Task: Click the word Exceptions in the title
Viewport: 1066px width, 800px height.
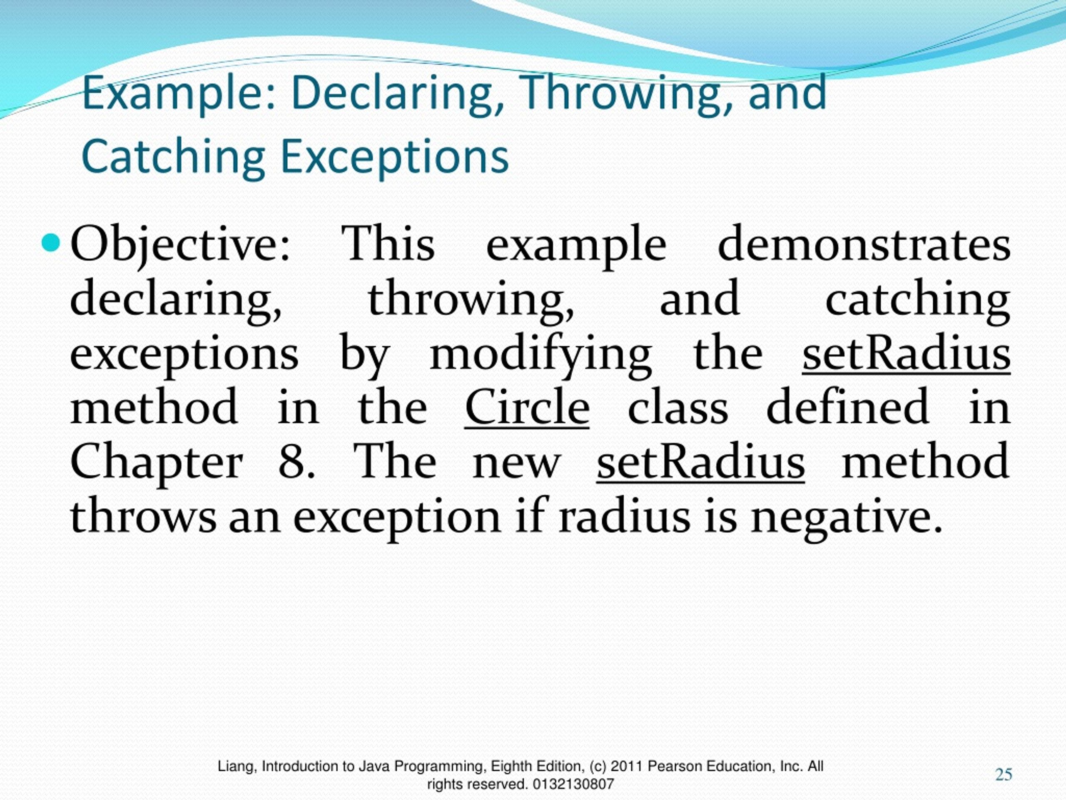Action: point(394,157)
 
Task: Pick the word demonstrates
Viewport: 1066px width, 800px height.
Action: point(864,245)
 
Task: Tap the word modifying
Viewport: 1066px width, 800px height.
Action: point(540,355)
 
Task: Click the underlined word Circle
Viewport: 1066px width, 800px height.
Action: point(527,408)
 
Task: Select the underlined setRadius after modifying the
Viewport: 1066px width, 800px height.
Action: point(906,355)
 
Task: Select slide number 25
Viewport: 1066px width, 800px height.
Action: point(1004,775)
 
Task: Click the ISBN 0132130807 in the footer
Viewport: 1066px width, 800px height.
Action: point(573,785)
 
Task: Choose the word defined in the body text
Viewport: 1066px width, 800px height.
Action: point(847,408)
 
